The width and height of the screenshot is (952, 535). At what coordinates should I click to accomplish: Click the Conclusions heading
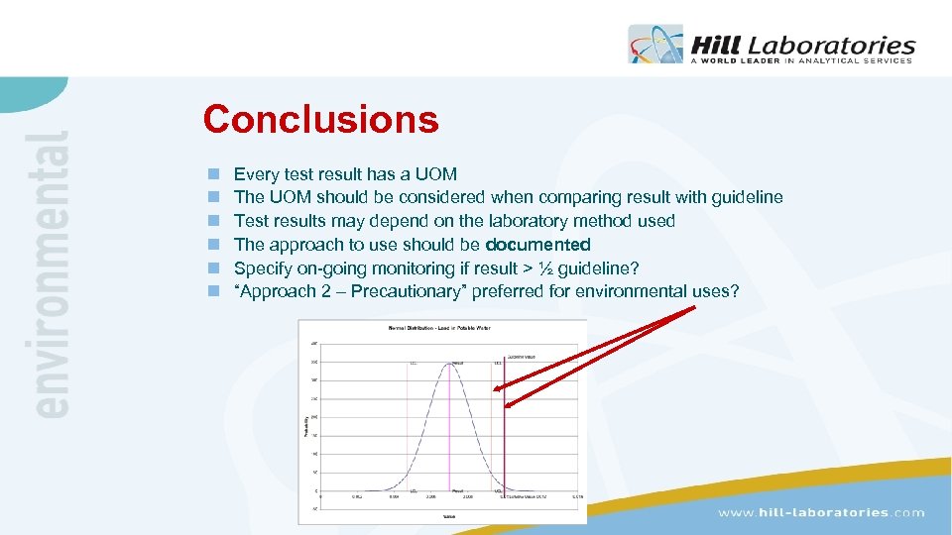[320, 120]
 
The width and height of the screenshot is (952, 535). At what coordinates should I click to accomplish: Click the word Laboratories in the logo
[831, 45]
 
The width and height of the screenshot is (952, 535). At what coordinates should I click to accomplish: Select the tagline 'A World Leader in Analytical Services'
[800, 60]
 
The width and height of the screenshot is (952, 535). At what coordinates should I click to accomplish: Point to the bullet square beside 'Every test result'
[212, 174]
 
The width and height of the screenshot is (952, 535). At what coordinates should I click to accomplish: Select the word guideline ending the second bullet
[746, 197]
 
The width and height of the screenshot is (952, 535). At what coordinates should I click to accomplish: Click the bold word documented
[537, 245]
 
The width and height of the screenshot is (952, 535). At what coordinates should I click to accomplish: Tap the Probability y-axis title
[304, 426]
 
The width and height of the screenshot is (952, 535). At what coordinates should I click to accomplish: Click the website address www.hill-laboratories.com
[821, 512]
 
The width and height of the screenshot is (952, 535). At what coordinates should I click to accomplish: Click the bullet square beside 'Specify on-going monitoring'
[212, 268]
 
